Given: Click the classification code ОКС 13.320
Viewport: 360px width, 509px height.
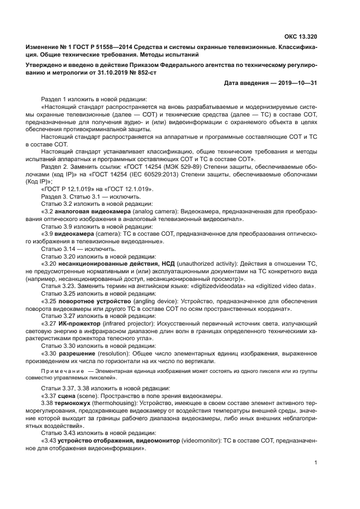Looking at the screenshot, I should tap(300, 37).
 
